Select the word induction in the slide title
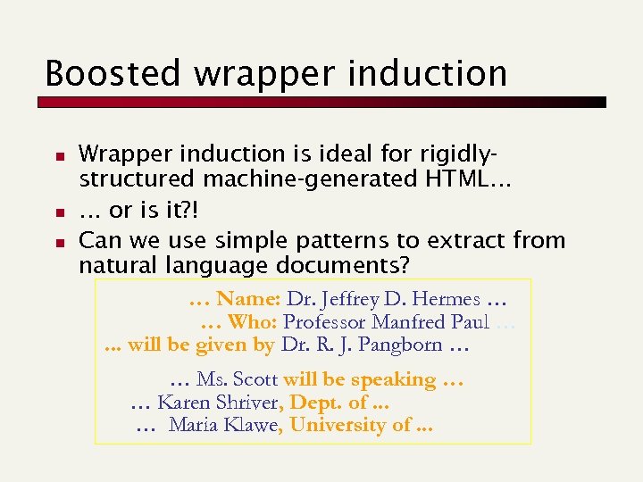click(429, 73)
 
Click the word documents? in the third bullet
click(344, 266)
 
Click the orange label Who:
click(252, 323)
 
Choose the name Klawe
click(253, 426)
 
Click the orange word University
click(338, 426)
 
